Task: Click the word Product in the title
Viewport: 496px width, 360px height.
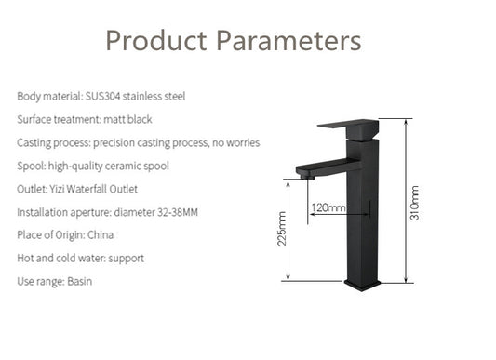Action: [155, 41]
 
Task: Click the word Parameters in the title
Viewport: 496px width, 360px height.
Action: [288, 41]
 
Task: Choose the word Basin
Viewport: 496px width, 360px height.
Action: [80, 281]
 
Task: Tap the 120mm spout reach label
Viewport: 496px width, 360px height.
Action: [328, 207]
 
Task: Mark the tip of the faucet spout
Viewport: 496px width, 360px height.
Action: [300, 172]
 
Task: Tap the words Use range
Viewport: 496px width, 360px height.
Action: [38, 281]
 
